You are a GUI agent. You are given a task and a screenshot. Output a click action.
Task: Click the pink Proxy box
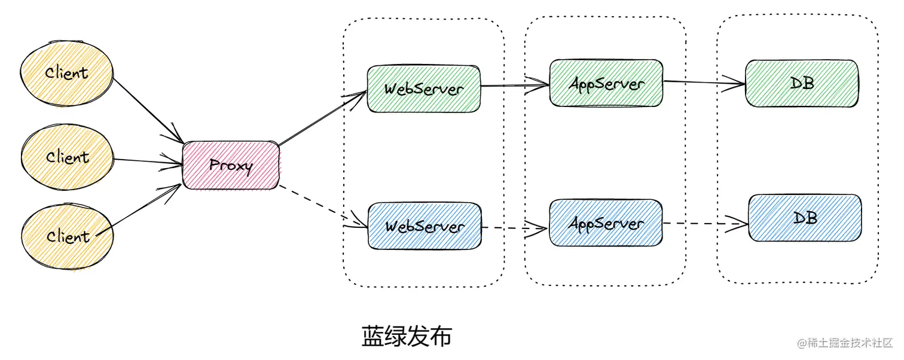pyautogui.click(x=231, y=166)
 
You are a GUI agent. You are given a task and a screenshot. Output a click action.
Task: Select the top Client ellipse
pyautogui.click(x=67, y=74)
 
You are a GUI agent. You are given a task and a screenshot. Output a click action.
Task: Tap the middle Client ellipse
pyautogui.click(x=67, y=158)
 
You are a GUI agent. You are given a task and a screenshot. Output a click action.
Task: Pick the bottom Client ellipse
pyautogui.click(x=67, y=237)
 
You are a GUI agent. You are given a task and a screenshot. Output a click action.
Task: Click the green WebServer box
pyautogui.click(x=424, y=89)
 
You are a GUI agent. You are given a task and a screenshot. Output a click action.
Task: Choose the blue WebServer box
pyautogui.click(x=424, y=226)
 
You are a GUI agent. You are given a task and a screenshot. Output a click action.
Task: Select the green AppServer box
pyautogui.click(x=606, y=83)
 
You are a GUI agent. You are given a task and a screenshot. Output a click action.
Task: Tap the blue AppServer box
pyautogui.click(x=606, y=223)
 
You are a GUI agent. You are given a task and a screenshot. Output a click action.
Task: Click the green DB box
pyautogui.click(x=802, y=83)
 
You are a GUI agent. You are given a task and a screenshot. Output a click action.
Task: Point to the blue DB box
pyautogui.click(x=805, y=218)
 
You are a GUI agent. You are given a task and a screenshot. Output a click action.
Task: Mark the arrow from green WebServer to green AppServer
pyautogui.click(x=515, y=86)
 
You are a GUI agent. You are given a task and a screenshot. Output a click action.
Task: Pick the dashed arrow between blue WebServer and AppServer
pyautogui.click(x=515, y=228)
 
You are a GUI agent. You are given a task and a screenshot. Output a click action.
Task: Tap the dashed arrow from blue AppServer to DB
pyautogui.click(x=706, y=224)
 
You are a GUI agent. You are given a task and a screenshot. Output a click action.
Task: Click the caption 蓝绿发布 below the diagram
pyautogui.click(x=407, y=337)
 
